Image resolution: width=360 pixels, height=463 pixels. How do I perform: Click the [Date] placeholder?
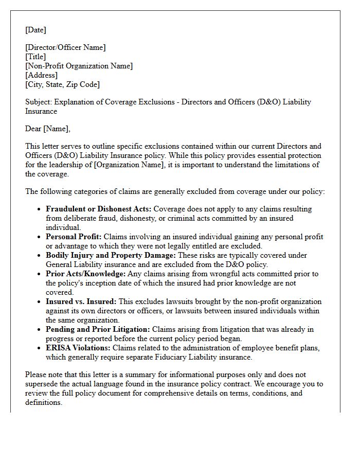35,30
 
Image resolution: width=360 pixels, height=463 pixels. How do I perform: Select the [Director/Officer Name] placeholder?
65,47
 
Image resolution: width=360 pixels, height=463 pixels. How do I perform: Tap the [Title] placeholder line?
35,57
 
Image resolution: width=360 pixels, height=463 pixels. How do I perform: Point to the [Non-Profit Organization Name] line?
79,66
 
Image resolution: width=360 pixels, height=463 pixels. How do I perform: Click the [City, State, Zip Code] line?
62,84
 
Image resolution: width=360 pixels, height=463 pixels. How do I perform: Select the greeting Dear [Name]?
48,129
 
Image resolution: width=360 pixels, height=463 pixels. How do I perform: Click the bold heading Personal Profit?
74,237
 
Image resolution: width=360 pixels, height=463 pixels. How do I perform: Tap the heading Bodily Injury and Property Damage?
111,255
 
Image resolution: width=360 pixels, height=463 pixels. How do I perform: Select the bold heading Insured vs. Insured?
81,301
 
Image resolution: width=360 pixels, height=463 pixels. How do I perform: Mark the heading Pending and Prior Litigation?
98,329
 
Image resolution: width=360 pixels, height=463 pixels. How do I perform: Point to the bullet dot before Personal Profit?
39,237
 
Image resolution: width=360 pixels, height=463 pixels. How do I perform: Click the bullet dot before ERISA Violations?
39,348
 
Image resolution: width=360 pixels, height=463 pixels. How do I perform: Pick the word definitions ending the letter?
44,402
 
